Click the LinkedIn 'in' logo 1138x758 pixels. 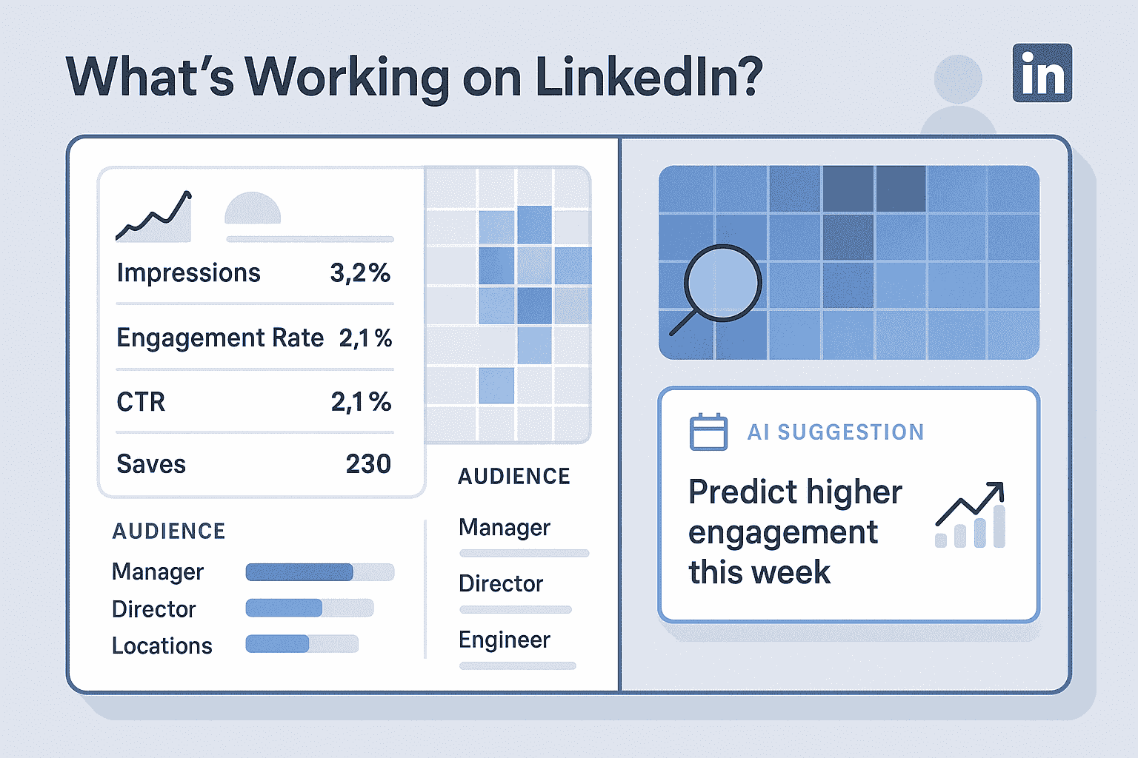click(1042, 73)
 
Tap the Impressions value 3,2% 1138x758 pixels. click(360, 273)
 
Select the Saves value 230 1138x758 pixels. click(368, 464)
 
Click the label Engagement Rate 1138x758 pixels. click(220, 338)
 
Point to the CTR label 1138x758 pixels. click(141, 402)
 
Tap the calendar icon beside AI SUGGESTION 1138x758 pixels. click(708, 432)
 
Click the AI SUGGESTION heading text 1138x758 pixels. click(835, 432)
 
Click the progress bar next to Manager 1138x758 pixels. click(319, 572)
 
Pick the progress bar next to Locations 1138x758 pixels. click(302, 644)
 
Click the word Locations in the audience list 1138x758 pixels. click(162, 646)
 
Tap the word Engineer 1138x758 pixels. click(504, 640)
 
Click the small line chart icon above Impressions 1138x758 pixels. click(154, 216)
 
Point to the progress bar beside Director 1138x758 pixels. click(309, 608)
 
